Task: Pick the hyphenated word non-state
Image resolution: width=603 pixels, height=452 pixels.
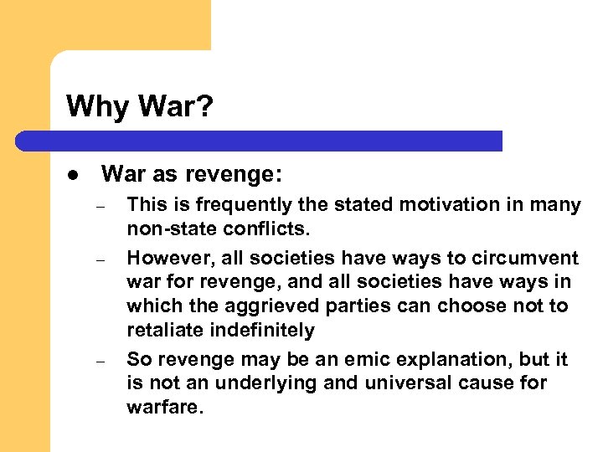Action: tap(167, 229)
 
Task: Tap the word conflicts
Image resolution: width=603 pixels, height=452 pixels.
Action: tap(260, 229)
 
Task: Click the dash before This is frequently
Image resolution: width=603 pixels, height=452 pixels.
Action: tap(98, 206)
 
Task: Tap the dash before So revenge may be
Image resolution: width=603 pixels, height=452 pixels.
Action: tap(98, 360)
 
